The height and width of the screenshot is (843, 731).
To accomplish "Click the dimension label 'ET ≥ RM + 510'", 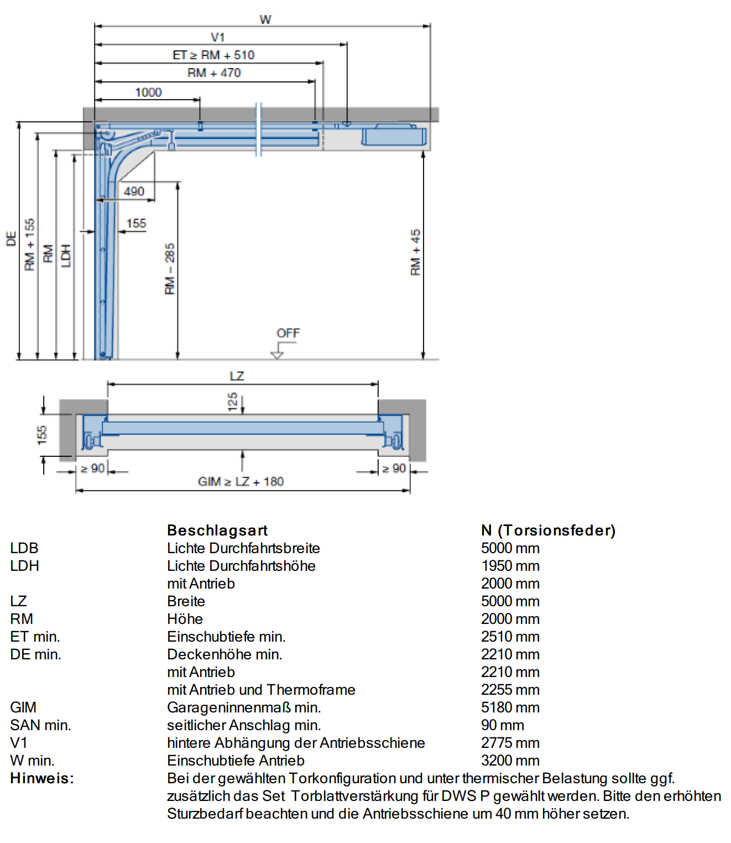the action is click(213, 55).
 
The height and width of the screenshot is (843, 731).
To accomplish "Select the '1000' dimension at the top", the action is click(148, 92).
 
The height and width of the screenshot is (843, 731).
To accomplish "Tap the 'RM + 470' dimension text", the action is click(214, 73).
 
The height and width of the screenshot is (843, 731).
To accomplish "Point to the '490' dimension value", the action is click(134, 191).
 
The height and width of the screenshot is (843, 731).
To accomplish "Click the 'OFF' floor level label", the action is click(288, 333).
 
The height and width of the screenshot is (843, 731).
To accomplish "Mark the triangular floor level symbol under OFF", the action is click(276, 355).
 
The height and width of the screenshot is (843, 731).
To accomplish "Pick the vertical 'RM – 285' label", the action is click(170, 269).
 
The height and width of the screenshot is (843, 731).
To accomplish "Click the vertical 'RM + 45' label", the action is click(415, 252).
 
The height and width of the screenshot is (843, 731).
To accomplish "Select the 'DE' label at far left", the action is click(11, 239).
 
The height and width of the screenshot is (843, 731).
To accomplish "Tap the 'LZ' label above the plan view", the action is click(237, 376).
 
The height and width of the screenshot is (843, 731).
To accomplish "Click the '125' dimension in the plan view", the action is click(233, 402).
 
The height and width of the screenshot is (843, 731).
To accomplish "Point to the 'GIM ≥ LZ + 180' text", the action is click(241, 481).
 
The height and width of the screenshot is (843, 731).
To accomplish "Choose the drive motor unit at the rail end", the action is click(394, 137).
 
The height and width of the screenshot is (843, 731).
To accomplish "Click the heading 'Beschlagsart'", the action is click(217, 530).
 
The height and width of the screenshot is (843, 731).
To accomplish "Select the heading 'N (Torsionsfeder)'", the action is click(548, 530).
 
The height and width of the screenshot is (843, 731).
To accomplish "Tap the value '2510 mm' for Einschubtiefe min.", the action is click(510, 637).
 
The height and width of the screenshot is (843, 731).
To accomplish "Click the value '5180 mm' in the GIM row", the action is click(510, 707).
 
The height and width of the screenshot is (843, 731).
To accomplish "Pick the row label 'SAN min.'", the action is click(40, 725).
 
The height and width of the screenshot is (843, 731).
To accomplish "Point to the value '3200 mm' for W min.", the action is click(510, 761).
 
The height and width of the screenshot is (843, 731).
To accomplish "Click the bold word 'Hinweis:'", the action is click(42, 778).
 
